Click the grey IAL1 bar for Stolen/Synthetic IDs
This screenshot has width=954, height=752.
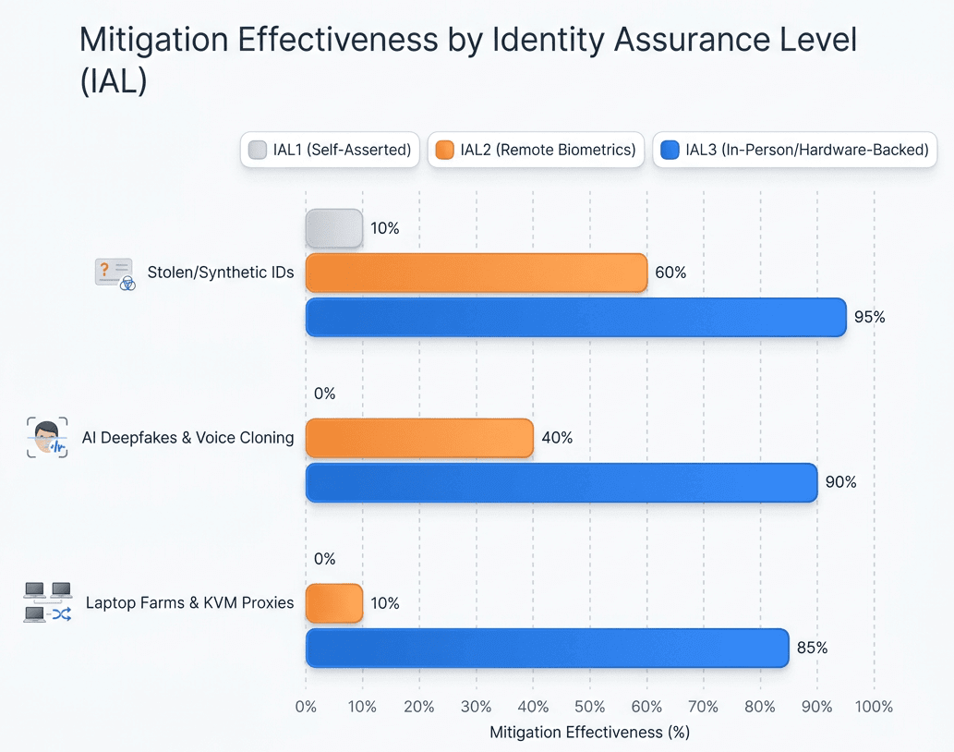pyautogui.click(x=333, y=228)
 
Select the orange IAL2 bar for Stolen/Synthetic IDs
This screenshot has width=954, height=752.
pyautogui.click(x=476, y=273)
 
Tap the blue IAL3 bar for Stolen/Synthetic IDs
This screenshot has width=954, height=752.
pyautogui.click(x=575, y=317)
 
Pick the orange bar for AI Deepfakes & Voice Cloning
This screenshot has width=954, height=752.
pyautogui.click(x=419, y=438)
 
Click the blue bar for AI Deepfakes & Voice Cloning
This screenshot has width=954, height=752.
pyautogui.click(x=562, y=482)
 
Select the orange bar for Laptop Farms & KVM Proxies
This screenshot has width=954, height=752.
pyautogui.click(x=333, y=603)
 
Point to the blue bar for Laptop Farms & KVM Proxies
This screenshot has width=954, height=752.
pyautogui.click(x=547, y=648)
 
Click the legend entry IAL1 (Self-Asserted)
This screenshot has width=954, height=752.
pyautogui.click(x=330, y=150)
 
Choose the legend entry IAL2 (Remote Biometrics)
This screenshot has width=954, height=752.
pyautogui.click(x=537, y=150)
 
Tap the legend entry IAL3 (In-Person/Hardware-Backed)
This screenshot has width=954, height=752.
pyautogui.click(x=794, y=150)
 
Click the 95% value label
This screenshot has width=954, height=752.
pyautogui.click(x=870, y=317)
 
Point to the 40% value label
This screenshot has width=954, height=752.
pyautogui.click(x=557, y=438)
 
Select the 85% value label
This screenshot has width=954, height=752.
pyautogui.click(x=812, y=648)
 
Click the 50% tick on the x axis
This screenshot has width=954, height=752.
pyautogui.click(x=589, y=707)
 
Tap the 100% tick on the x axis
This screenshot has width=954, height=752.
pyautogui.click(x=874, y=707)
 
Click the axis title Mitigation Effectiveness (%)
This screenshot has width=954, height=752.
pyautogui.click(x=589, y=732)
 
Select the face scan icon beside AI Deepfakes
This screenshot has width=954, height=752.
pyautogui.click(x=47, y=438)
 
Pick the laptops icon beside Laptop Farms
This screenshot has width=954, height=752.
pyautogui.click(x=47, y=602)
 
